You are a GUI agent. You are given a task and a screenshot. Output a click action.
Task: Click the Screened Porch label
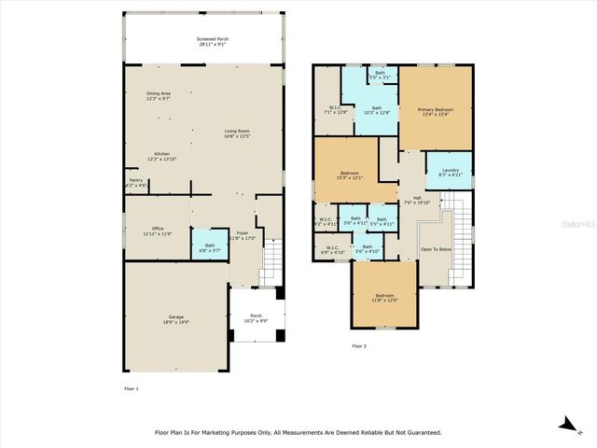click(214, 42)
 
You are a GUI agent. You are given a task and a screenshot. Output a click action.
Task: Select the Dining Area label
click(158, 95)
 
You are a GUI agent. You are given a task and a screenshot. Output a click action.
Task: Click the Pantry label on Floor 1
click(135, 184)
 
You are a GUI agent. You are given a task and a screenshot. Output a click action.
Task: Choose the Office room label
click(157, 231)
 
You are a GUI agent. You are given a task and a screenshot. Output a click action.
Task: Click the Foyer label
click(242, 234)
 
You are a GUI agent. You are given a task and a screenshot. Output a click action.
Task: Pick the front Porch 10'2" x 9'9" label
click(255, 317)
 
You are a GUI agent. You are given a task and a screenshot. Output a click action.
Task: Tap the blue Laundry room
click(449, 172)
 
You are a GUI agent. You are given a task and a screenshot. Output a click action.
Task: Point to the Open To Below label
click(436, 250)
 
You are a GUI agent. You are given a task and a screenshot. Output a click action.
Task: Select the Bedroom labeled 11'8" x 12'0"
click(385, 298)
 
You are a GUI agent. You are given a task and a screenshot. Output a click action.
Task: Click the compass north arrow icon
click(566, 424)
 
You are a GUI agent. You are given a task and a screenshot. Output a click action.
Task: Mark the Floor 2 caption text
click(359, 345)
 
